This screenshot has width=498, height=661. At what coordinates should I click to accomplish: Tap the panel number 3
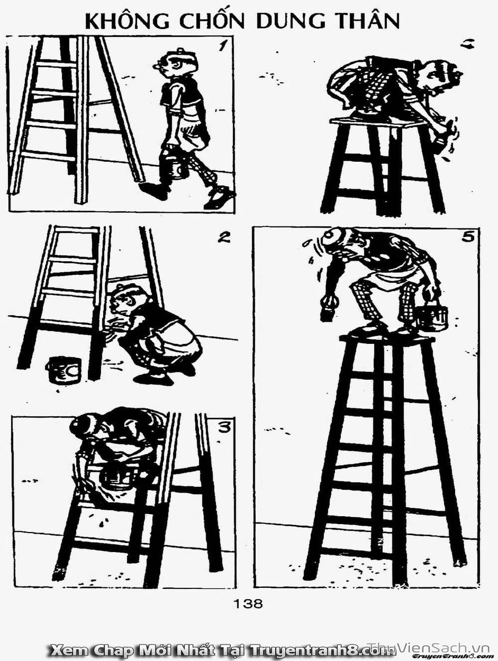(x=225, y=428)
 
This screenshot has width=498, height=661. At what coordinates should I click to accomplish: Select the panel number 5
(x=468, y=237)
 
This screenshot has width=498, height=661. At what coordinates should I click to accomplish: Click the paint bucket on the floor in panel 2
(x=64, y=369)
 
